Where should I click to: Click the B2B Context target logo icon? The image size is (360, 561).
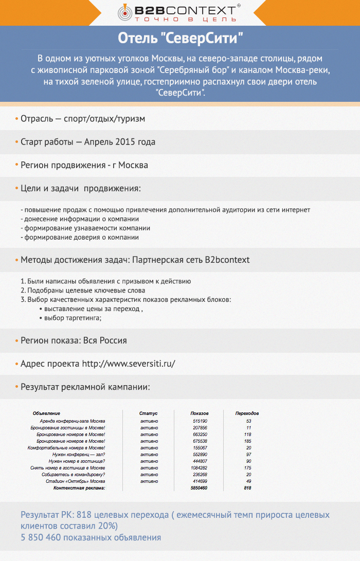125,12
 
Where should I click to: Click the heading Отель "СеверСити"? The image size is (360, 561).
180,38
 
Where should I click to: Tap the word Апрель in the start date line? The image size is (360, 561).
100,142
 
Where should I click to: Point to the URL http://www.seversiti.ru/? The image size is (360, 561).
129,364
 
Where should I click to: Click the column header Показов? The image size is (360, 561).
200,413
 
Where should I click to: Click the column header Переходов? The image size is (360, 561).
247,413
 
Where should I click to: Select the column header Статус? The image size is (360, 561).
148,413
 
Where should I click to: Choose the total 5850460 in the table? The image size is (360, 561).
199,488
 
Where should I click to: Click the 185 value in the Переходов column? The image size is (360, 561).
248,441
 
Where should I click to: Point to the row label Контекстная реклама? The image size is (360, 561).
80,488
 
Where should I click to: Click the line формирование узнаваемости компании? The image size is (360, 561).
85,228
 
